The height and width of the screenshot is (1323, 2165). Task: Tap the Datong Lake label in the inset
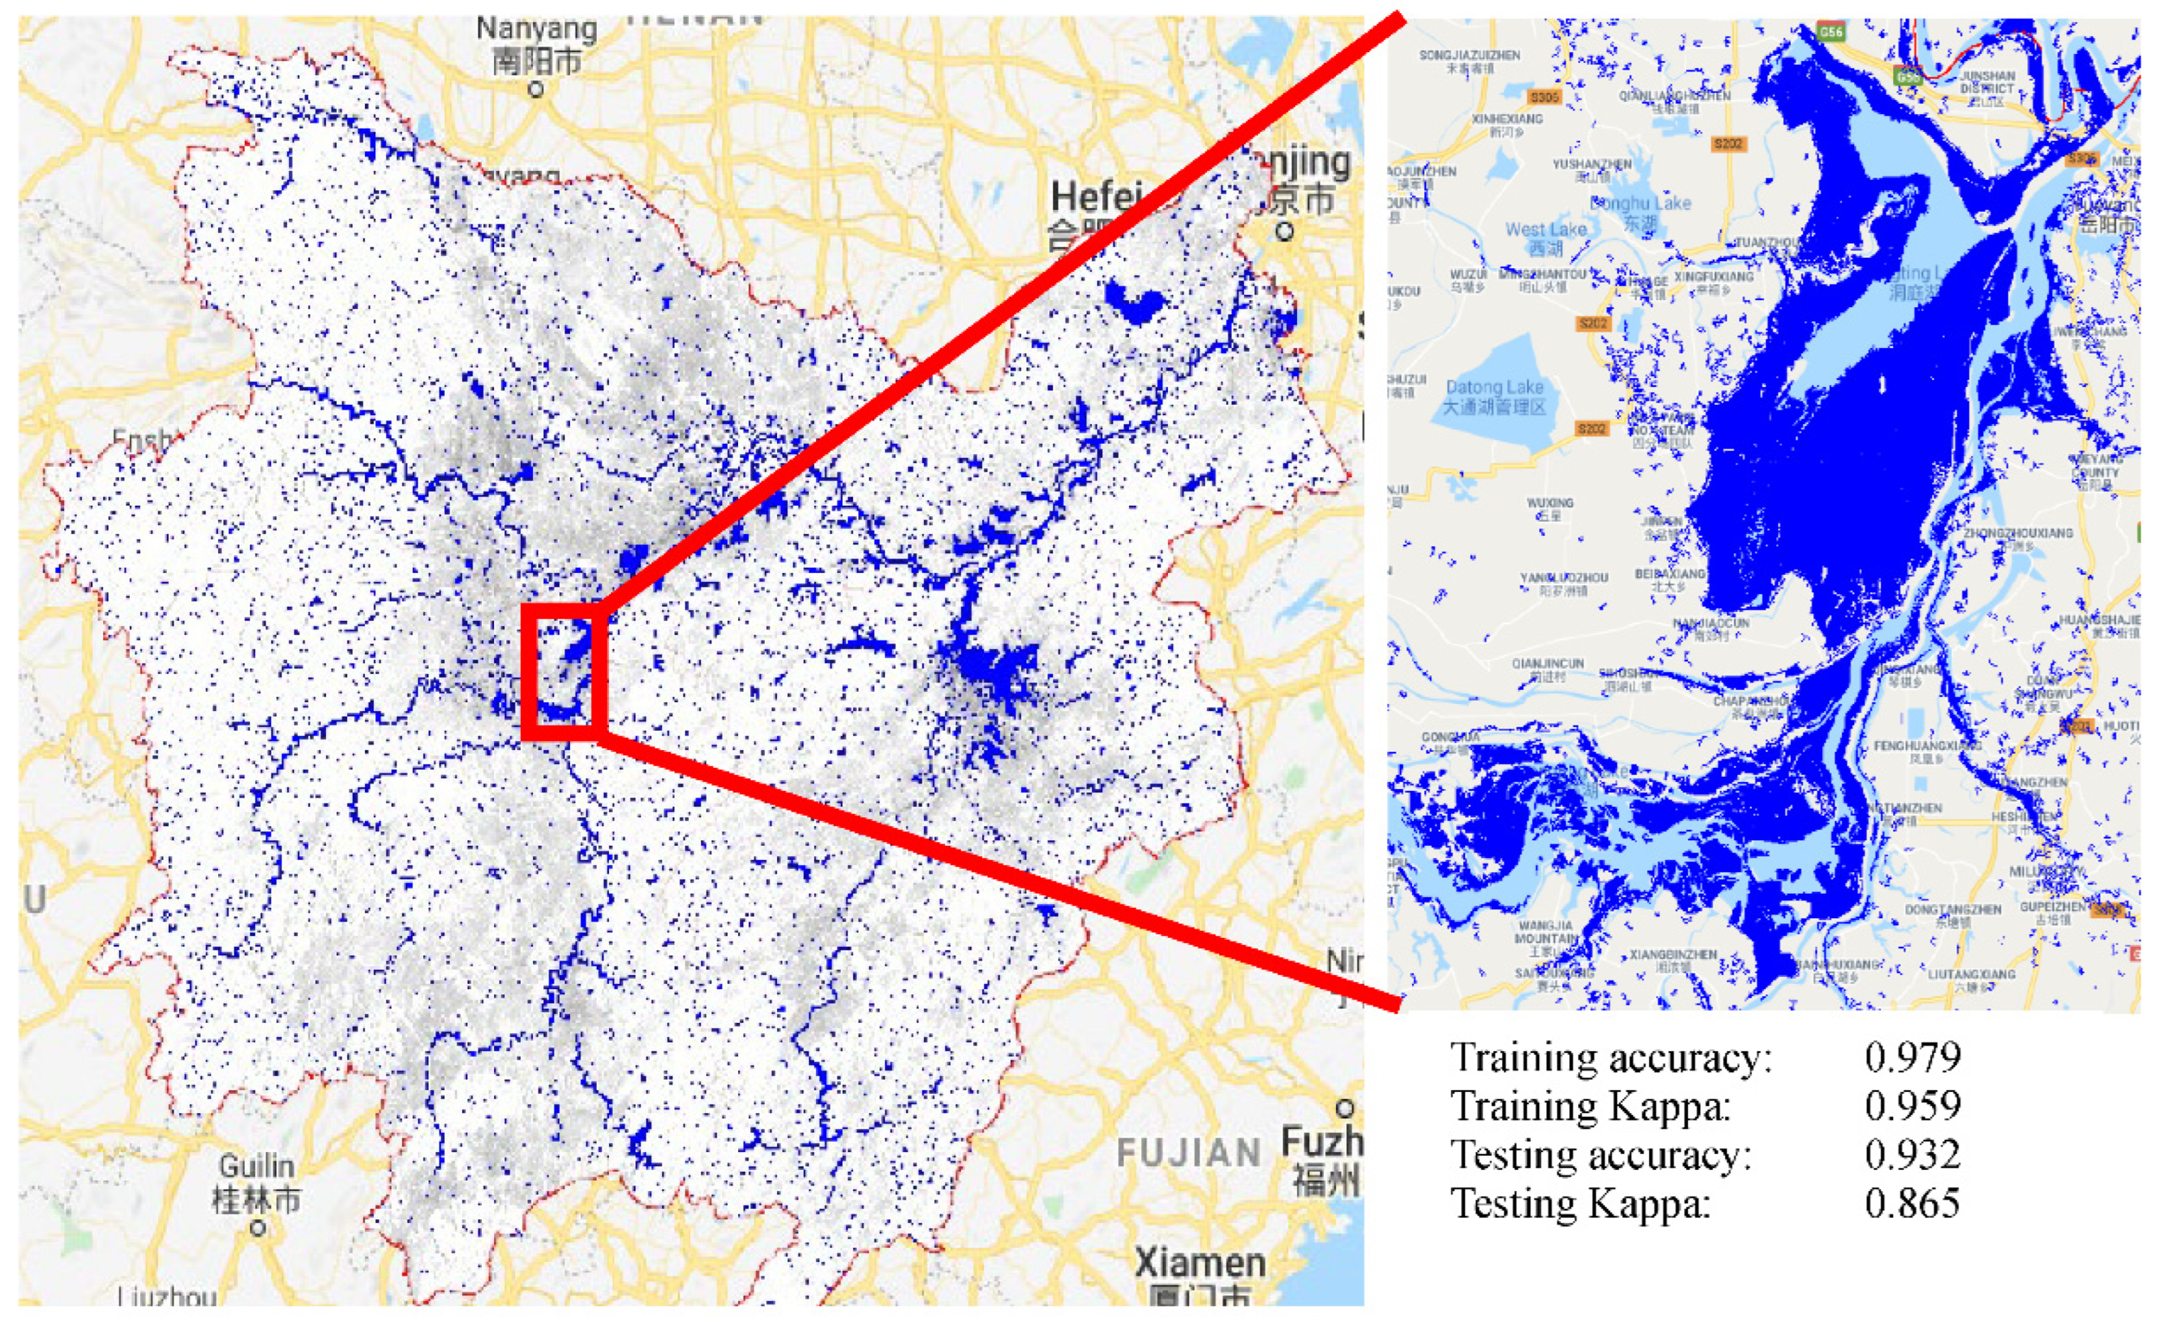(1494, 397)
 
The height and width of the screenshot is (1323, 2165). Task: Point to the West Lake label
(1546, 237)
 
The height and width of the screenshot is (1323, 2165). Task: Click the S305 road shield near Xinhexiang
(1544, 96)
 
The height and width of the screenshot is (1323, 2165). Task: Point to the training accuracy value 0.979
(1913, 1056)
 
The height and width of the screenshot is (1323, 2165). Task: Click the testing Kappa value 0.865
(1913, 1203)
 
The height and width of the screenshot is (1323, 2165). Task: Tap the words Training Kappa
(1590, 1105)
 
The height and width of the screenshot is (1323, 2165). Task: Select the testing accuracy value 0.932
(1913, 1153)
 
